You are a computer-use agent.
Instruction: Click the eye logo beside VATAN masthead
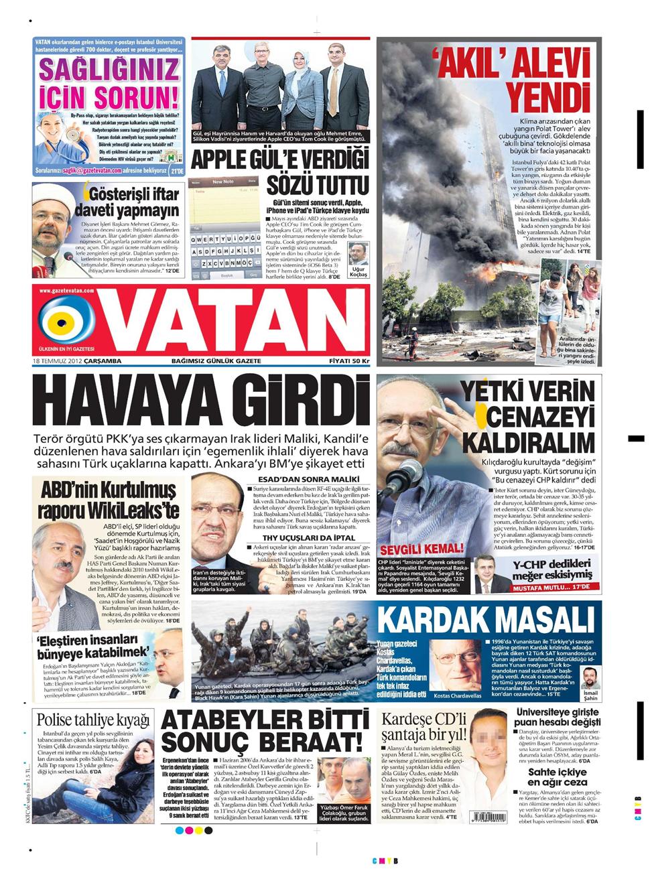pos(66,322)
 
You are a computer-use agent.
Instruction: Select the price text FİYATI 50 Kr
pos(349,361)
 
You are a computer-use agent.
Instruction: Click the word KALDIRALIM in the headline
pos(527,443)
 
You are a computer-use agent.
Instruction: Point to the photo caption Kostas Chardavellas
pos(458,696)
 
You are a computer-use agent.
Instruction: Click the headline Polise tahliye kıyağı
pos(92,720)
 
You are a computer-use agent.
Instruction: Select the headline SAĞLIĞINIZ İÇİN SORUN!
pos(109,84)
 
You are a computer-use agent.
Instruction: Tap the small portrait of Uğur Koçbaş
pos(358,255)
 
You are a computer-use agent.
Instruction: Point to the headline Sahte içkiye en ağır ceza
pos(557,777)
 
